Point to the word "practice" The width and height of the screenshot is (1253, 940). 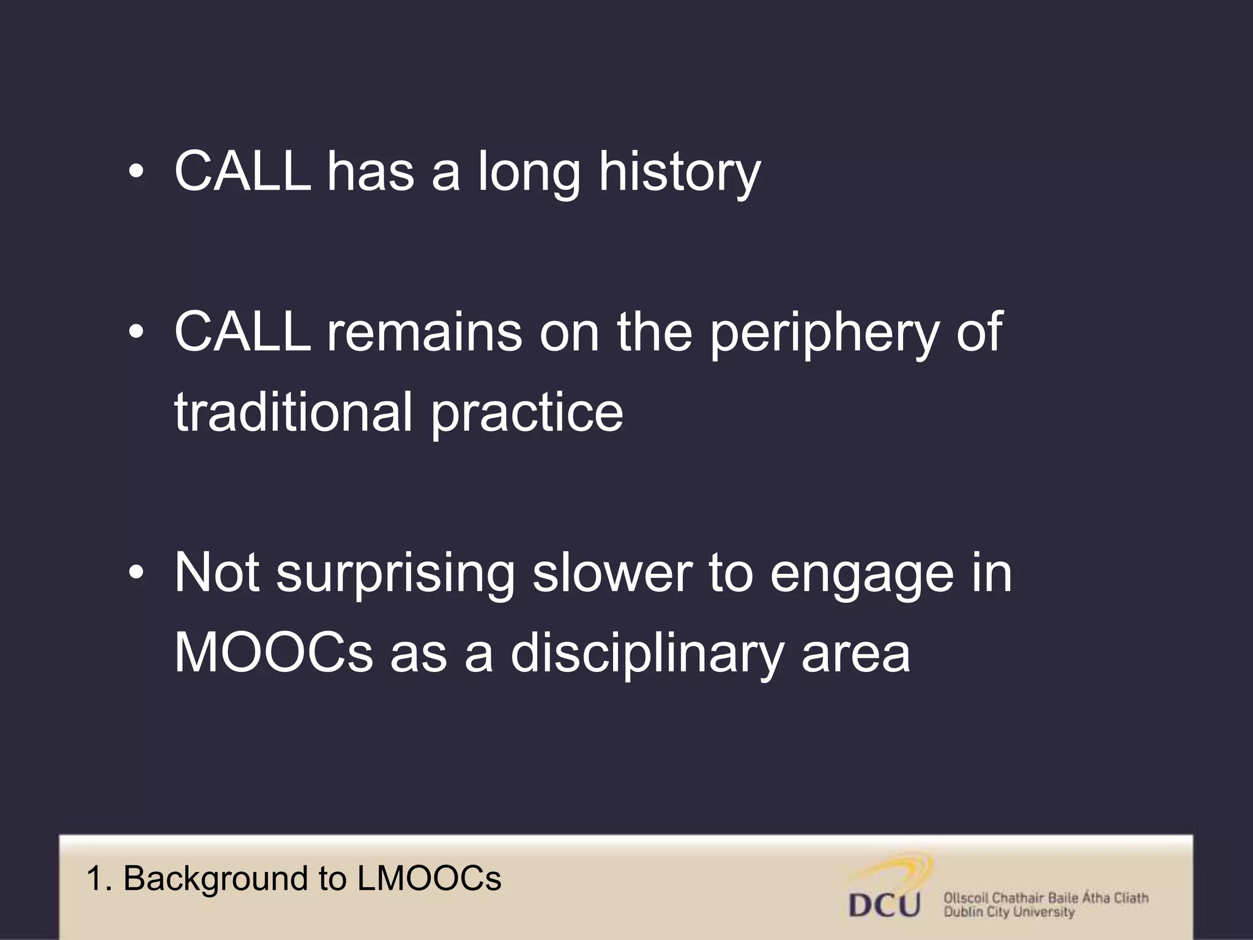[527, 413]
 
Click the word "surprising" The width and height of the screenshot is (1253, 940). [395, 575]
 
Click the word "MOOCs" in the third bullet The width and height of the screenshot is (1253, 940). [273, 653]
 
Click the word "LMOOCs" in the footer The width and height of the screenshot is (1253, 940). [429, 879]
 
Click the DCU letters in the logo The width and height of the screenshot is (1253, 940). [885, 904]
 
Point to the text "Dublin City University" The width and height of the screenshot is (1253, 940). [1009, 912]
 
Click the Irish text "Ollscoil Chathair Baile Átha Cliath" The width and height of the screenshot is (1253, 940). [1046, 898]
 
